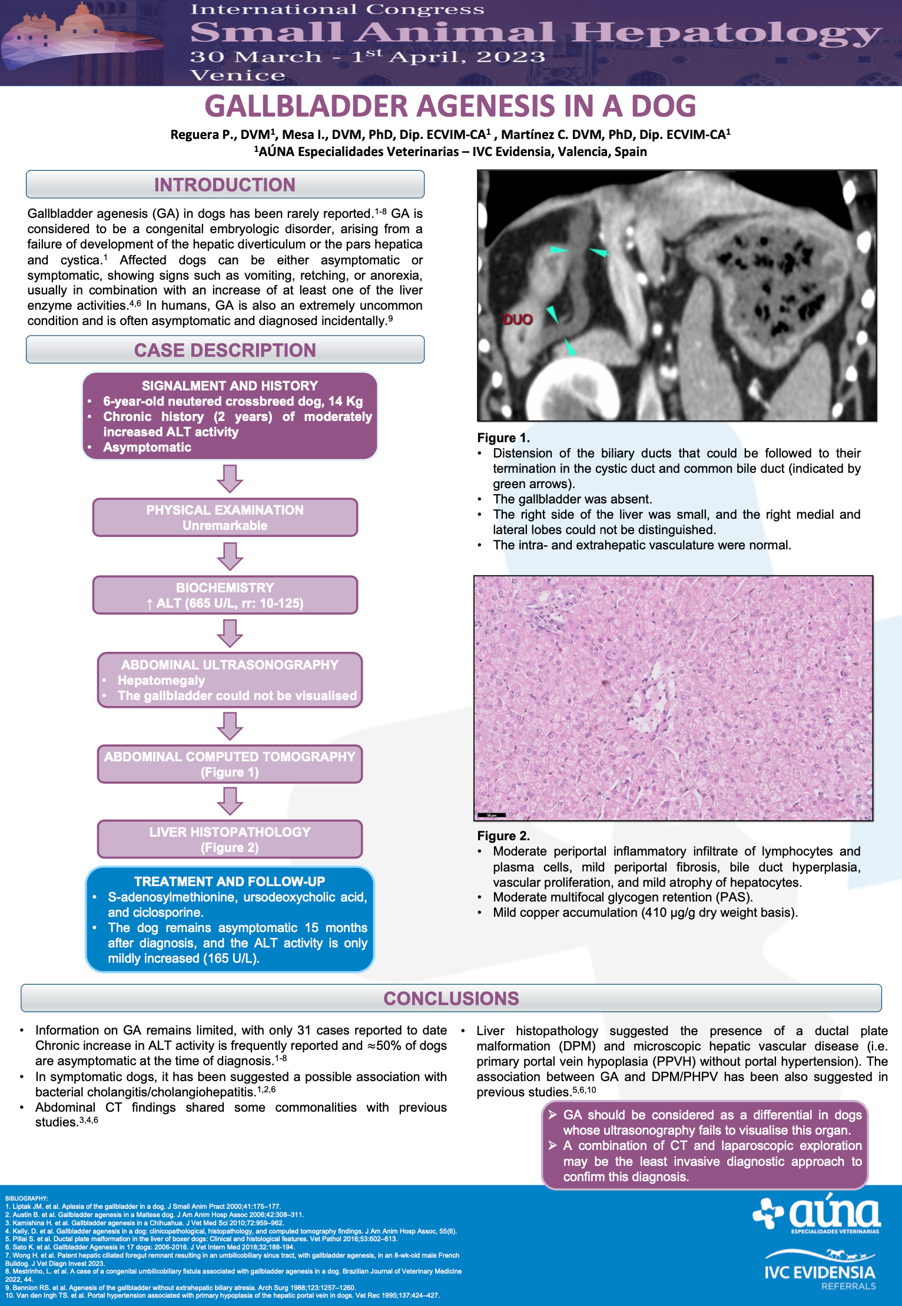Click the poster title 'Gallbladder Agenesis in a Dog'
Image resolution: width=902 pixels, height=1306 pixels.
click(x=450, y=106)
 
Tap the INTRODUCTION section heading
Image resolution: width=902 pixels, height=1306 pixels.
click(x=225, y=185)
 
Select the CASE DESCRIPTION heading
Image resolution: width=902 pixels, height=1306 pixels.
click(x=225, y=350)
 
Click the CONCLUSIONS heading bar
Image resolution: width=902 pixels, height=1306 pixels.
click(x=451, y=999)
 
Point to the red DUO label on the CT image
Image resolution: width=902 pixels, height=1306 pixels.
click(x=518, y=320)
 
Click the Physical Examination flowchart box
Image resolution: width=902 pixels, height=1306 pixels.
click(x=225, y=518)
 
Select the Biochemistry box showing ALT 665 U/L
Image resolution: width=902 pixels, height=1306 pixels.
click(x=225, y=595)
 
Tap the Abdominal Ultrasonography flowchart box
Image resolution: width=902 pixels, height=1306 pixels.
click(x=230, y=680)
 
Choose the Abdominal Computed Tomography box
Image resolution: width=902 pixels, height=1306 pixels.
click(x=230, y=764)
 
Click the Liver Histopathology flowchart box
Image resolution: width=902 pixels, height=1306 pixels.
click(x=230, y=839)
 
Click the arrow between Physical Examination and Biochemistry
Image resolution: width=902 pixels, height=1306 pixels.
click(x=230, y=556)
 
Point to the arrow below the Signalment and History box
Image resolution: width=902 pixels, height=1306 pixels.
click(x=230, y=478)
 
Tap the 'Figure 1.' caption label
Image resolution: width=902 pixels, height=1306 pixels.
click(x=503, y=438)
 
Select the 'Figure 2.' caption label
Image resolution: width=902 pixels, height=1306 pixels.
click(x=503, y=836)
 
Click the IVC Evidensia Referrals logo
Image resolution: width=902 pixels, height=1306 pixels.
click(x=820, y=1271)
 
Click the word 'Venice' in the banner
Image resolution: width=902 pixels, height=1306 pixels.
click(x=237, y=75)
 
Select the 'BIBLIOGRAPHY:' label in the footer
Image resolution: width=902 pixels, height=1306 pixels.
click(x=26, y=1198)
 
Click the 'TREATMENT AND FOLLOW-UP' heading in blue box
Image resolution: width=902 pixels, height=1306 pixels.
click(x=230, y=881)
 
